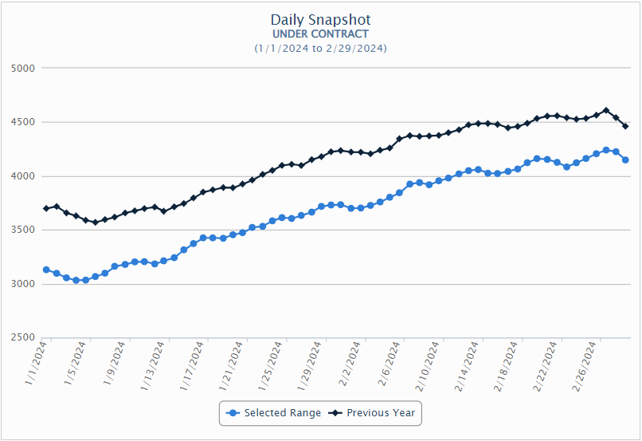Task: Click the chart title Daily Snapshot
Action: click(x=320, y=20)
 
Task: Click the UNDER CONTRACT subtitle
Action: click(x=320, y=34)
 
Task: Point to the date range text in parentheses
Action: click(x=320, y=49)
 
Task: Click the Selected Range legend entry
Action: click(x=274, y=413)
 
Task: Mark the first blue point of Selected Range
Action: click(x=47, y=270)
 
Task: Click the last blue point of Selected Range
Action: click(x=625, y=160)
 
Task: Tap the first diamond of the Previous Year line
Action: click(x=47, y=208)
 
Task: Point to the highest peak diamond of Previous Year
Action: click(x=606, y=111)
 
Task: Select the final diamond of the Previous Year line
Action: click(x=625, y=126)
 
